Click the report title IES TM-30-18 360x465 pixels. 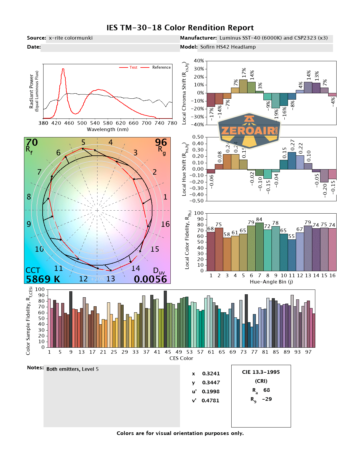180,28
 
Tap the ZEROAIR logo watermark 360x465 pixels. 249,131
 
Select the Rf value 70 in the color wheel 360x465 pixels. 32,142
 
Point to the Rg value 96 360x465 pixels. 161,142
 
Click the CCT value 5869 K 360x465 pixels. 43,279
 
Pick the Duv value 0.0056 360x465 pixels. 150,279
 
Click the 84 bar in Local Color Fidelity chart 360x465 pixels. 259,246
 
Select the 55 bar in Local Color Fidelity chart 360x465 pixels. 292,255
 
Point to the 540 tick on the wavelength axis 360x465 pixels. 95,123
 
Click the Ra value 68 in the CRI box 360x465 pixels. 266,390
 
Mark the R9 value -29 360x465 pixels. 267,399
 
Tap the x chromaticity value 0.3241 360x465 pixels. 211,373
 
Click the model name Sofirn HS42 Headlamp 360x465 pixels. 228,47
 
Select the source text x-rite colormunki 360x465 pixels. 70,38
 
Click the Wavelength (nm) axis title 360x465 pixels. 108,129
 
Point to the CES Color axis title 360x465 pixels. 181,358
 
